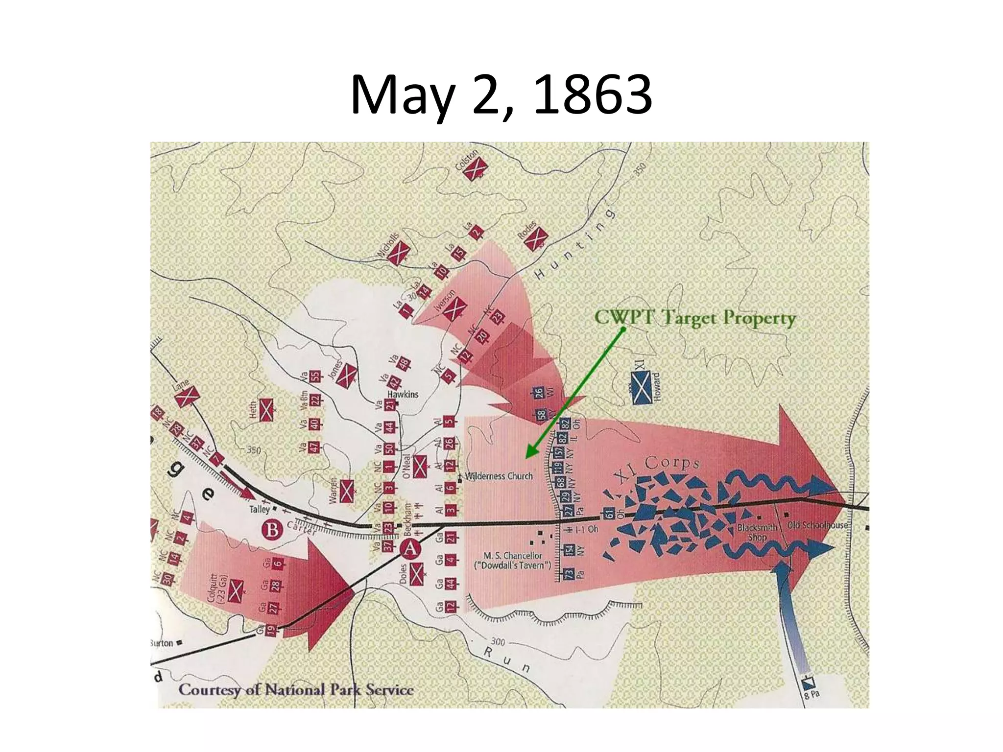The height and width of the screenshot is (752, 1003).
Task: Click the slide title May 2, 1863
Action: coord(501,95)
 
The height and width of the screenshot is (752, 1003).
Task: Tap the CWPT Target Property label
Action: coord(695,318)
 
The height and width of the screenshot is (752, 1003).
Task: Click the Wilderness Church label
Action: coord(499,476)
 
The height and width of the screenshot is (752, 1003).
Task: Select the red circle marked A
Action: coord(410,549)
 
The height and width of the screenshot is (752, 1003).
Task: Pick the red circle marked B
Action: coord(273,530)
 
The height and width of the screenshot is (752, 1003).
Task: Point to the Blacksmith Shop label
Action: coord(757,532)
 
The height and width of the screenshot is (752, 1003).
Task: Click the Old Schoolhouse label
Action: coord(817,525)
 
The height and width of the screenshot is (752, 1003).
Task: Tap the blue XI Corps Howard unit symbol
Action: coord(641,387)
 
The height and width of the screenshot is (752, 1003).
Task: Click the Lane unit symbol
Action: coord(187,396)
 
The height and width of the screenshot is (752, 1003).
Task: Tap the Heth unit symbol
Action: coord(266,410)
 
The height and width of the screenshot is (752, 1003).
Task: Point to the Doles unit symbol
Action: coord(417,574)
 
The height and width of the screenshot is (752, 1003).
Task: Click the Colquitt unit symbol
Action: coord(235,591)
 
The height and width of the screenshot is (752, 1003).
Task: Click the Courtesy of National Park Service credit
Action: coord(296,690)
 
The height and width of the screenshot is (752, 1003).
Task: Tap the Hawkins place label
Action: coord(403,394)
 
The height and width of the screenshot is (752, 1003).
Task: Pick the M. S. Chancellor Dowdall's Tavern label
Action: coord(513,560)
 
